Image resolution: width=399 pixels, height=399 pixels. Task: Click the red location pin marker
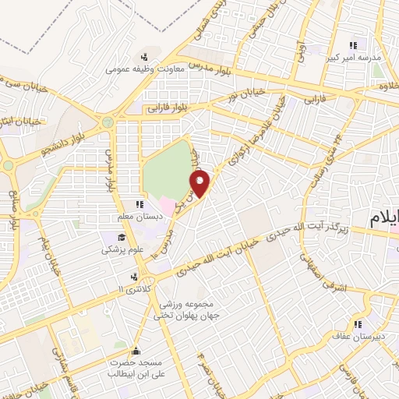pyautogui.click(x=200, y=184)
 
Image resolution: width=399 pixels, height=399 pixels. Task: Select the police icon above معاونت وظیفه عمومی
pyautogui.click(x=143, y=56)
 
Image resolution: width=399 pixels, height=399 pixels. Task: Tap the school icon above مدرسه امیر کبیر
pyautogui.click(x=353, y=44)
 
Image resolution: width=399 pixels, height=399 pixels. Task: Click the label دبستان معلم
pyautogui.click(x=140, y=216)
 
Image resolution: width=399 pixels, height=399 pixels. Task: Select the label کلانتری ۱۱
pyautogui.click(x=131, y=288)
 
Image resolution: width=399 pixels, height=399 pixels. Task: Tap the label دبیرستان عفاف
pyautogui.click(x=358, y=337)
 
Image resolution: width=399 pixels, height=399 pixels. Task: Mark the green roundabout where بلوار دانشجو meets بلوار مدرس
pyautogui.click(x=107, y=122)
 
